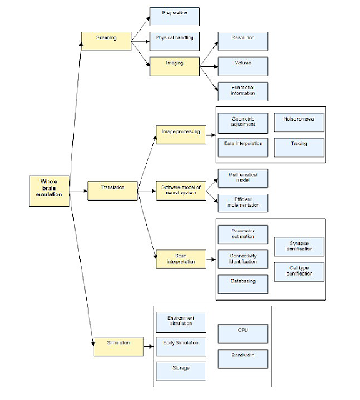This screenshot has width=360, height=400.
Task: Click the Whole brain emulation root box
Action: point(49,191)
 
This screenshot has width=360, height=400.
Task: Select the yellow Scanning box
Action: point(106,41)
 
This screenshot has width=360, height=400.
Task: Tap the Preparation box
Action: point(174,17)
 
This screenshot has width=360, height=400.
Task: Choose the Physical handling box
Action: point(174,41)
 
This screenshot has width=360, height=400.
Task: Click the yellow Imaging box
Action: point(174,66)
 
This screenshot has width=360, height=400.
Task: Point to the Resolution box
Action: point(243,41)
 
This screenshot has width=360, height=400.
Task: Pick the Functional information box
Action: point(243,91)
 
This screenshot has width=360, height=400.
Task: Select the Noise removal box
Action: point(299,122)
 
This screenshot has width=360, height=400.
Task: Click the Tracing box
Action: point(299,147)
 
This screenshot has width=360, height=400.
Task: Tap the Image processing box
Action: point(181,135)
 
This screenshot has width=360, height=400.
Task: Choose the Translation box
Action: point(112,191)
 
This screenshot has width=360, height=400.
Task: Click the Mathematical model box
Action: point(243,178)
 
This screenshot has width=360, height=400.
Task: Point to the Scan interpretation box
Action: point(181,259)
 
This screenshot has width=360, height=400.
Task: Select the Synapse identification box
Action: point(299,247)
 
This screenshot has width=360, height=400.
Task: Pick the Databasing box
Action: point(243,284)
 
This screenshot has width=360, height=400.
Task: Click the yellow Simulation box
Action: point(119,347)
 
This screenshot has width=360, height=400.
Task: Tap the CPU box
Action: point(243,334)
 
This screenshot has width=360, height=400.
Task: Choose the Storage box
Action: point(181,371)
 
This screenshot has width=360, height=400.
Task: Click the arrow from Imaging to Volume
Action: point(209,67)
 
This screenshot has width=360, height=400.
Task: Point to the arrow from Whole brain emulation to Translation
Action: point(78,191)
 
